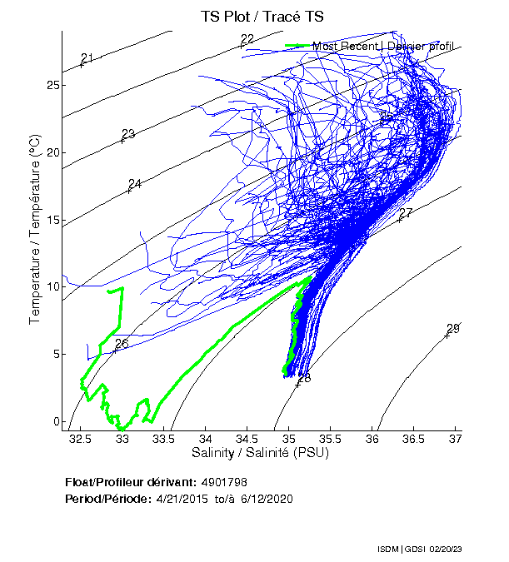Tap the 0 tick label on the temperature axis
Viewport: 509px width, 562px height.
point(56,420)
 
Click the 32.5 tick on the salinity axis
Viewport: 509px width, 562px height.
point(80,438)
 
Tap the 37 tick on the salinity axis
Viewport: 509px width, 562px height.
point(455,438)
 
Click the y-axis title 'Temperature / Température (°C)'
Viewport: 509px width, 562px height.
point(35,231)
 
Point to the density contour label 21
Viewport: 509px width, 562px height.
point(87,57)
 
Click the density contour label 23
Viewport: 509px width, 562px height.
point(127,134)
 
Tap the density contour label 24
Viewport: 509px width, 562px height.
point(135,184)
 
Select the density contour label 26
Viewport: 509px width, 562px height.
point(122,343)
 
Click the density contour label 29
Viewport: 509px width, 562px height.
point(453,328)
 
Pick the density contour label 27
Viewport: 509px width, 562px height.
point(406,213)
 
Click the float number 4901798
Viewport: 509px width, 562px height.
point(224,482)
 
